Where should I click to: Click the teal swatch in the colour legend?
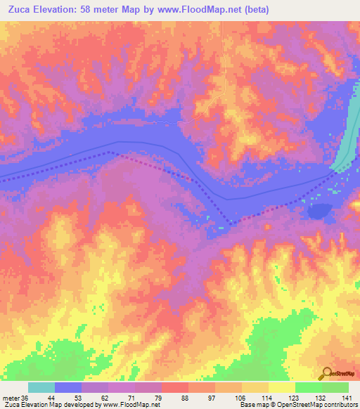pyautogui.click(x=42, y=387)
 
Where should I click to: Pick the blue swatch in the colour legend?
pyautogui.click(x=69, y=387)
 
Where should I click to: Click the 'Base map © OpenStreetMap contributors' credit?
pyautogui.click(x=298, y=405)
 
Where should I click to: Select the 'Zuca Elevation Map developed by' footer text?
pyautogui.click(x=49, y=405)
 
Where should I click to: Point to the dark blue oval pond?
pyautogui.click(x=321, y=211)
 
